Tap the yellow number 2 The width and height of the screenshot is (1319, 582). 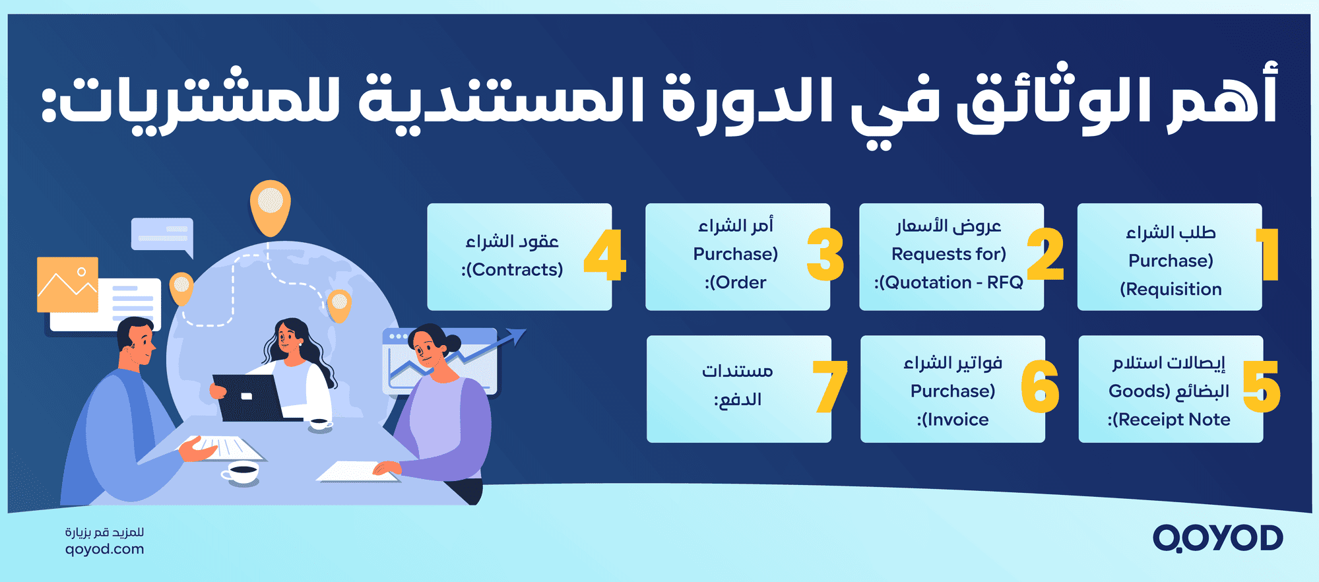(x=1046, y=255)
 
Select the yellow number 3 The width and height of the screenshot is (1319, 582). (x=825, y=255)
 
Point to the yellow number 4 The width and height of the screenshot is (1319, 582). (x=604, y=255)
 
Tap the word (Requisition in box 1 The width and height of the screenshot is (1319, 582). (x=1171, y=289)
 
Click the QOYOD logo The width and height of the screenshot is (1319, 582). (x=1217, y=538)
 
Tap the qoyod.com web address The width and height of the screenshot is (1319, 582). (x=104, y=549)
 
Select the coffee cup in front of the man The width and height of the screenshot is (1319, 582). (x=241, y=471)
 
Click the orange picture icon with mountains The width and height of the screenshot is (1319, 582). (x=67, y=284)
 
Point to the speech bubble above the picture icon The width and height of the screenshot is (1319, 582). (x=162, y=234)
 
